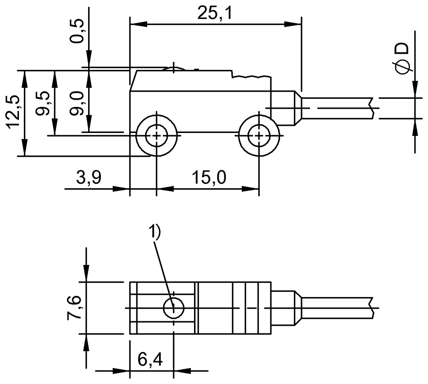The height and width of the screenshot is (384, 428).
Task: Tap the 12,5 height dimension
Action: [x=14, y=113]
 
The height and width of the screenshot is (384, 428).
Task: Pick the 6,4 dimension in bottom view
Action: [x=149, y=360]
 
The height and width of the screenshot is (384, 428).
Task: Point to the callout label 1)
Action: [x=155, y=232]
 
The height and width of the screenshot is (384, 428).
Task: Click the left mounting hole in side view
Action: [x=156, y=135]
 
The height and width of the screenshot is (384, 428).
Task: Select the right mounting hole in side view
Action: [x=259, y=135]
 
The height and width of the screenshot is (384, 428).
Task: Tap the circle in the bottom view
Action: [x=173, y=308]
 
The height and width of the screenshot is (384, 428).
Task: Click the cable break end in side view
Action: [x=372, y=108]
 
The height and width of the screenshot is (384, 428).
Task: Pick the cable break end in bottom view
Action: [x=372, y=308]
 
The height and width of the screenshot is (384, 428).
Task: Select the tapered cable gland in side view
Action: [x=297, y=108]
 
